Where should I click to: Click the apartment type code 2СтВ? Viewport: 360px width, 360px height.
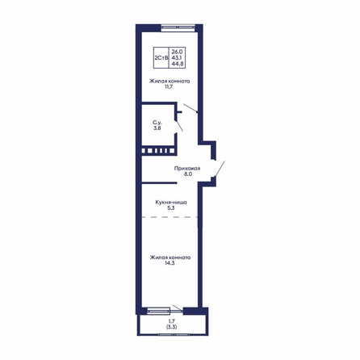(x=161, y=58)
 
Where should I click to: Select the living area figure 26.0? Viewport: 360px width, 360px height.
(x=177, y=51)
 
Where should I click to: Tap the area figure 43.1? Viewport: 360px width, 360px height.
(x=177, y=57)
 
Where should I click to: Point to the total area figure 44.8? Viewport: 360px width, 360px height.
(x=177, y=64)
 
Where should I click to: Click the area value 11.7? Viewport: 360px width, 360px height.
(x=169, y=86)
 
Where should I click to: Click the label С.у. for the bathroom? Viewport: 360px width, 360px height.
(x=157, y=123)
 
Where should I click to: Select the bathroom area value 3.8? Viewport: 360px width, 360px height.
(x=157, y=128)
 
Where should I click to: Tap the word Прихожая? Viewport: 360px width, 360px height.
(x=187, y=169)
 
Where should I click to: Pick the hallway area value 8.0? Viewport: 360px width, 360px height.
(x=188, y=174)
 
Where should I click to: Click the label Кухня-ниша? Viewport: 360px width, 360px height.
(x=171, y=202)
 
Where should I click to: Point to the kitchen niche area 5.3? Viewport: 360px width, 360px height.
(x=171, y=207)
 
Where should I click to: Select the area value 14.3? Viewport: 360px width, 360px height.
(x=170, y=263)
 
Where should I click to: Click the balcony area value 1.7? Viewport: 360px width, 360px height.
(x=172, y=321)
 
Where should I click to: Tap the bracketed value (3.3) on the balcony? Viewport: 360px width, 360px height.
(x=172, y=327)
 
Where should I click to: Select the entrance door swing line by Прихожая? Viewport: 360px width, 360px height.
(x=220, y=169)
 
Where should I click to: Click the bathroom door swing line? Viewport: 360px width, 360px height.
(x=179, y=125)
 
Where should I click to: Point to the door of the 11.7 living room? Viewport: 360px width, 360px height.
(x=190, y=107)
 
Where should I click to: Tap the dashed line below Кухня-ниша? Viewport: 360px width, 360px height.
(x=170, y=217)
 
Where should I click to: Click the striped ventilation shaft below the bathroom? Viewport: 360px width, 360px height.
(x=158, y=151)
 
